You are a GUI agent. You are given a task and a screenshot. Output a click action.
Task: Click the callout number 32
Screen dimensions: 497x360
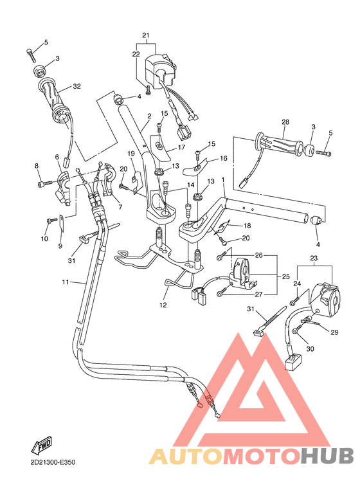tap(76, 86)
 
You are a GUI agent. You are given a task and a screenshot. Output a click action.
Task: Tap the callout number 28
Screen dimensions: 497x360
tap(285, 122)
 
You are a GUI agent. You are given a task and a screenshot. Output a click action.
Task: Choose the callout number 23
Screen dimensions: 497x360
tap(315, 258)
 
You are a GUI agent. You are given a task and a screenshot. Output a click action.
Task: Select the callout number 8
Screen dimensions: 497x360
tap(37, 166)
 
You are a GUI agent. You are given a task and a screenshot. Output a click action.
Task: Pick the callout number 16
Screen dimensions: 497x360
tap(224, 158)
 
